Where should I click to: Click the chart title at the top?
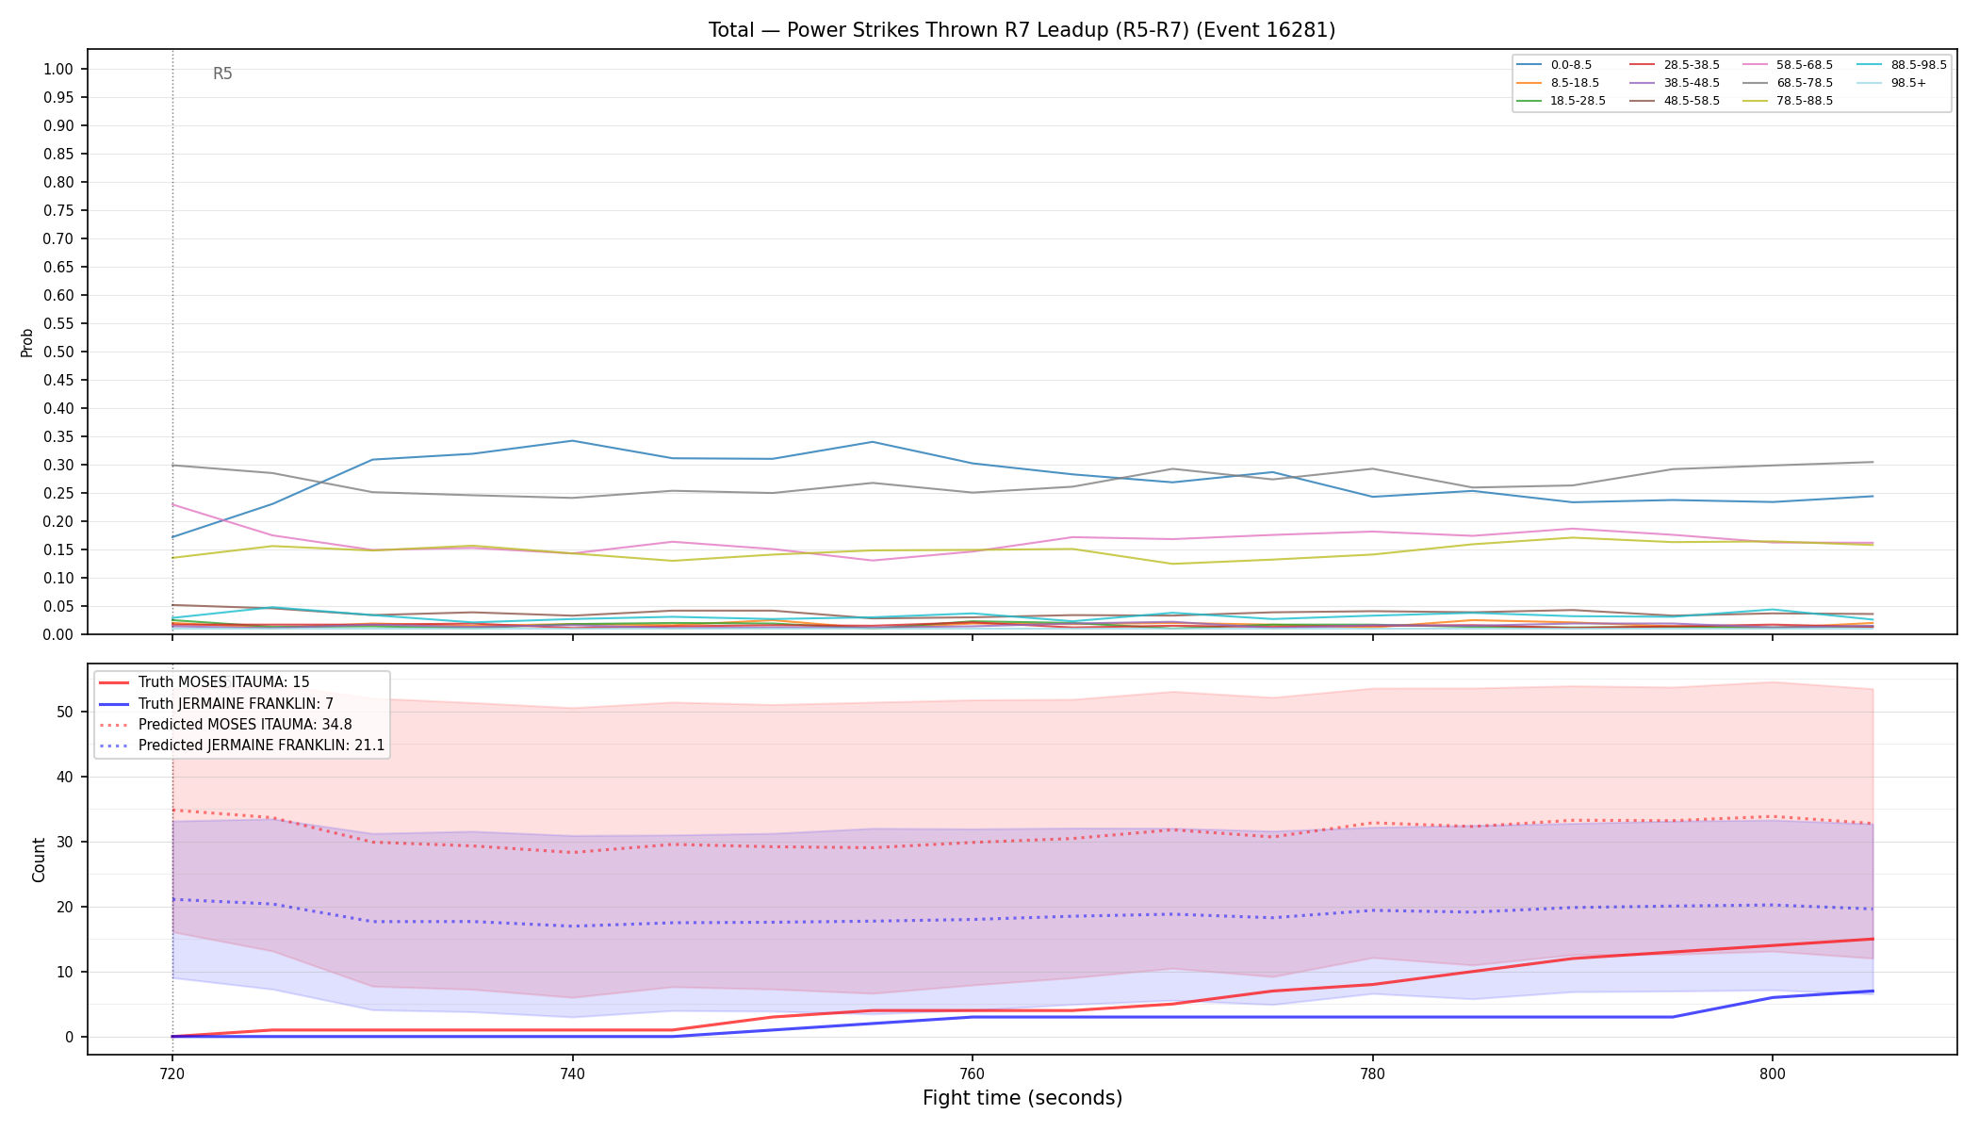pos(1022,30)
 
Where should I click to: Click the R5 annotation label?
pos(222,74)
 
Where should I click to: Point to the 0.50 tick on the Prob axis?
pos(58,352)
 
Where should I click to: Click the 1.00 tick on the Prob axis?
pos(58,69)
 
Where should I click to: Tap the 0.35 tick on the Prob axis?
pos(58,436)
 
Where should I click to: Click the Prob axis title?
pos(26,342)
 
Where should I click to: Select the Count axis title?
pos(39,860)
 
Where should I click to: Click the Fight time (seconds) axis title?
pos(1022,1098)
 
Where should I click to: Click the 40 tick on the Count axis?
pos(64,777)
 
